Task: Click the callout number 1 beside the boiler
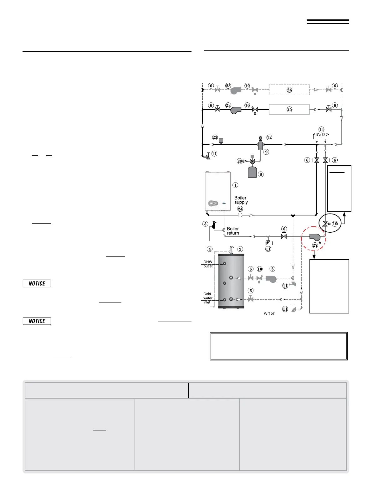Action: click(x=235, y=185)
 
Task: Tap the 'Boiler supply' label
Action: click(x=241, y=200)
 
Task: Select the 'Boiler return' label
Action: click(x=233, y=231)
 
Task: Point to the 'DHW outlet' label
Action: click(x=208, y=264)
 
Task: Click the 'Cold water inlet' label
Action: click(x=207, y=298)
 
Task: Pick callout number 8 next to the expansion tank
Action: click(x=261, y=174)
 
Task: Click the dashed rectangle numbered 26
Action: click(x=289, y=90)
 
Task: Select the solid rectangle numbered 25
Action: click(x=289, y=109)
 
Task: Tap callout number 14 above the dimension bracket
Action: click(x=321, y=129)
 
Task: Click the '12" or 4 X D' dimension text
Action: click(x=321, y=135)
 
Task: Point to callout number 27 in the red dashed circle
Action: click(x=315, y=245)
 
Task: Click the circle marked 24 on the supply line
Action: click(x=240, y=215)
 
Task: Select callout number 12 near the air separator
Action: click(x=269, y=137)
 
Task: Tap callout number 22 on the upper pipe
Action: click(x=215, y=137)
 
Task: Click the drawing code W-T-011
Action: click(x=269, y=313)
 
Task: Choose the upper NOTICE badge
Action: click(x=37, y=283)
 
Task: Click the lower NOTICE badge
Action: click(x=37, y=321)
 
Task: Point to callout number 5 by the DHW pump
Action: click(x=273, y=269)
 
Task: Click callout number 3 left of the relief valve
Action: click(x=205, y=224)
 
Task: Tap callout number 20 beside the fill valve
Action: click(x=240, y=161)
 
